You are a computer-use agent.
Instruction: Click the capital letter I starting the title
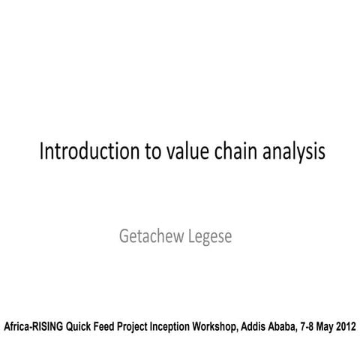[x=41, y=151]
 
